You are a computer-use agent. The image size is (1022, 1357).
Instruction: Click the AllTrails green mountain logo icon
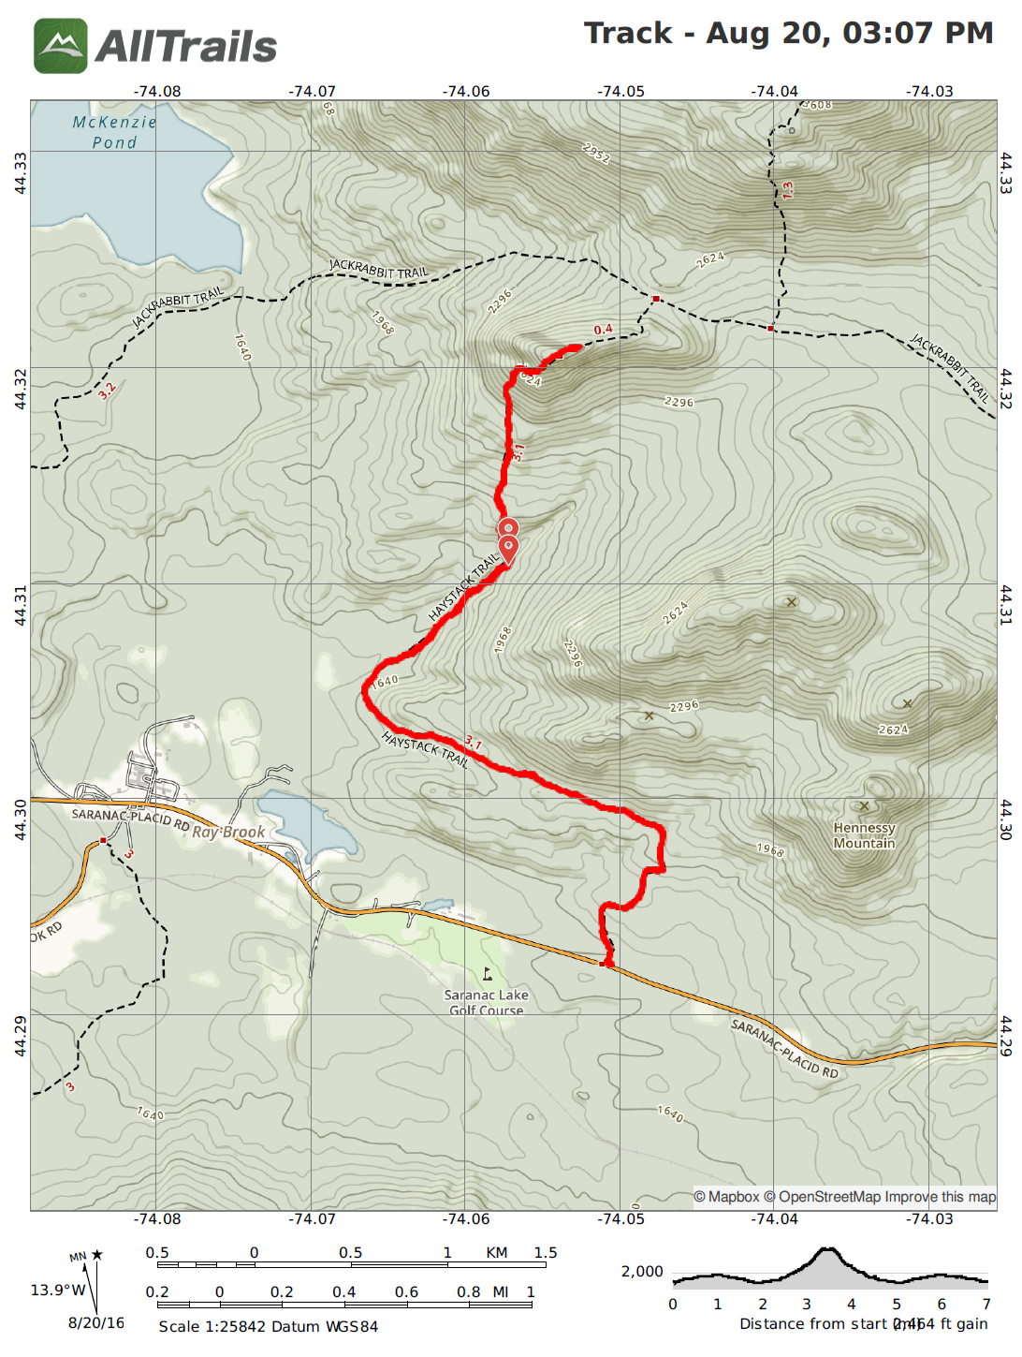point(61,46)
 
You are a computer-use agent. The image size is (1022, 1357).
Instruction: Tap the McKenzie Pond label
point(114,132)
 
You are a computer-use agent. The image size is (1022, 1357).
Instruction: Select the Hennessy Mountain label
point(864,835)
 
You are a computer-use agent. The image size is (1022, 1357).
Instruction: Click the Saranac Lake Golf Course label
point(486,1002)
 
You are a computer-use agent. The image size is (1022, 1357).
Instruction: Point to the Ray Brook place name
point(229,832)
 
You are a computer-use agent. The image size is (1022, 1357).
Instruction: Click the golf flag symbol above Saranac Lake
point(487,974)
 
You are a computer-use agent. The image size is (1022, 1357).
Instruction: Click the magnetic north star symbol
point(96,1255)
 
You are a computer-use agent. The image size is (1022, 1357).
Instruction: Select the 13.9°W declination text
point(57,1290)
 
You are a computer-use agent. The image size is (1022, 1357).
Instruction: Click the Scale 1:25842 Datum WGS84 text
point(268,1326)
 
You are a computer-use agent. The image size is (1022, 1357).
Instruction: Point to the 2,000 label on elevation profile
point(642,1271)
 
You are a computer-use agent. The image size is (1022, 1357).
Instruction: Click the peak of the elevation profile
point(827,1249)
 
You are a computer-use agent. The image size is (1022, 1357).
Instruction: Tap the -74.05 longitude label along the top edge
point(620,91)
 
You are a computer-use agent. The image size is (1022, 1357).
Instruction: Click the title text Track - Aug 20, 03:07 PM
point(788,33)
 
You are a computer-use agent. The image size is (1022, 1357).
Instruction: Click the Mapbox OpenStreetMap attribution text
point(844,1197)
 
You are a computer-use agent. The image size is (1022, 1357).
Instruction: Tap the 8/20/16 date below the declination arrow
point(95,1322)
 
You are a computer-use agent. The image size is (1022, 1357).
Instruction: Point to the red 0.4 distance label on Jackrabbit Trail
point(603,330)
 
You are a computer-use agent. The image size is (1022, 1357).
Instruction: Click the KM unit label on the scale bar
point(496,1252)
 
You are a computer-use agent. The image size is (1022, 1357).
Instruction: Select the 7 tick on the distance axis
point(985,1304)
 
